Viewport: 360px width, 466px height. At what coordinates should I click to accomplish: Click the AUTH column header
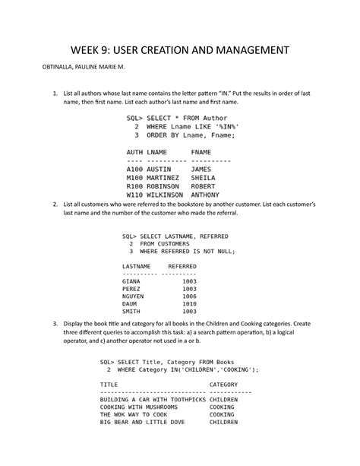pyautogui.click(x=134, y=153)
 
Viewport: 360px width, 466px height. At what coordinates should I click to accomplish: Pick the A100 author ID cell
pyautogui.click(x=134, y=170)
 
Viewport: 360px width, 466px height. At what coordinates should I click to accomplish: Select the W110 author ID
pyautogui.click(x=134, y=195)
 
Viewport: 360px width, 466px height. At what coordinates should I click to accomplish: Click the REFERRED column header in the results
pyautogui.click(x=182, y=266)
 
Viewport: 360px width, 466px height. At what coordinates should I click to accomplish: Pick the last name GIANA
pyautogui.click(x=131, y=281)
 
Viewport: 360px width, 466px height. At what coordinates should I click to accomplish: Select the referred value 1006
pyautogui.click(x=190, y=296)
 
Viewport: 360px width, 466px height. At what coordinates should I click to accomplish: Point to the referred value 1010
pyautogui.click(x=190, y=304)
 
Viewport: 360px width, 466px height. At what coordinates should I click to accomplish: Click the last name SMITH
pyautogui.click(x=131, y=312)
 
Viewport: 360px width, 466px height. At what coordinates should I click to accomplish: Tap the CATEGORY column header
pyautogui.click(x=223, y=385)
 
